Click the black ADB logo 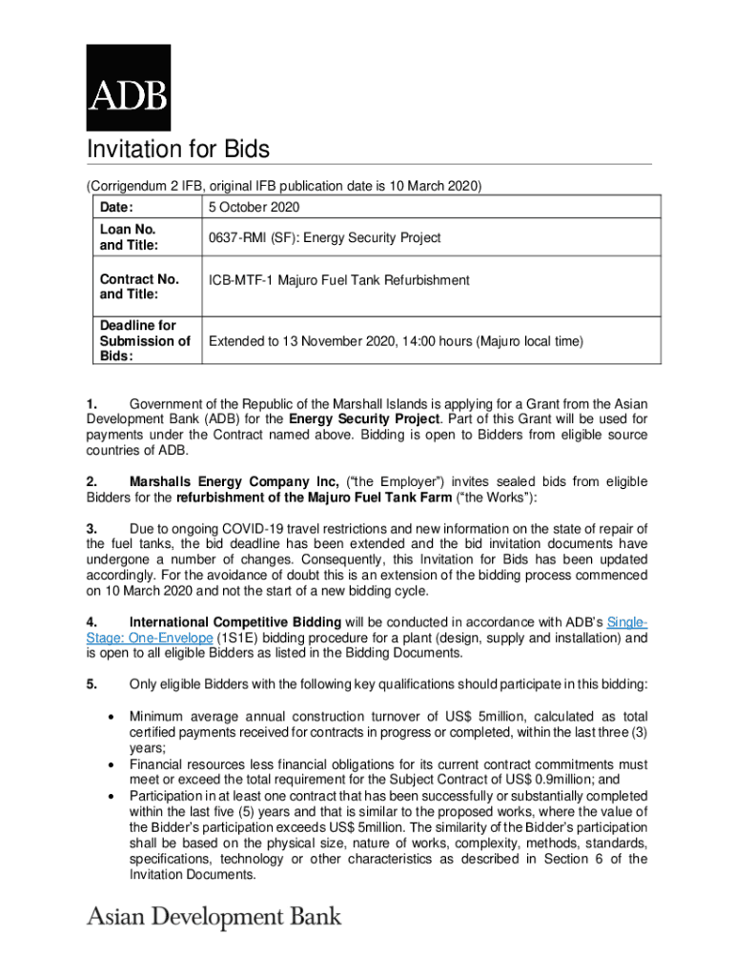[129, 88]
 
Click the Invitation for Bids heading [178, 150]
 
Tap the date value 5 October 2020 [255, 207]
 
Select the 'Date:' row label [115, 207]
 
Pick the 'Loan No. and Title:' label [128, 237]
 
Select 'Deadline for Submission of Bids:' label [144, 340]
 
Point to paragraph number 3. [92, 529]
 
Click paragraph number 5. [92, 683]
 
